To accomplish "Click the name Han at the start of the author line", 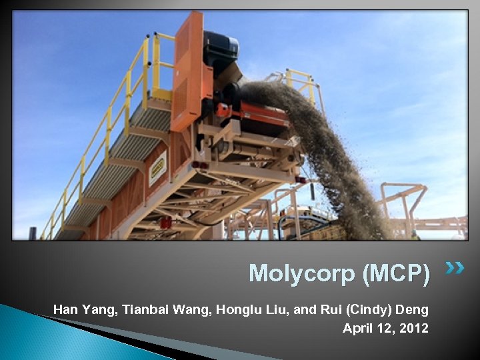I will [x=65, y=309].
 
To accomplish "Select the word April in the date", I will [x=357, y=329].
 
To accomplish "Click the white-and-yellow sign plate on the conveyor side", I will [x=158, y=168].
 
